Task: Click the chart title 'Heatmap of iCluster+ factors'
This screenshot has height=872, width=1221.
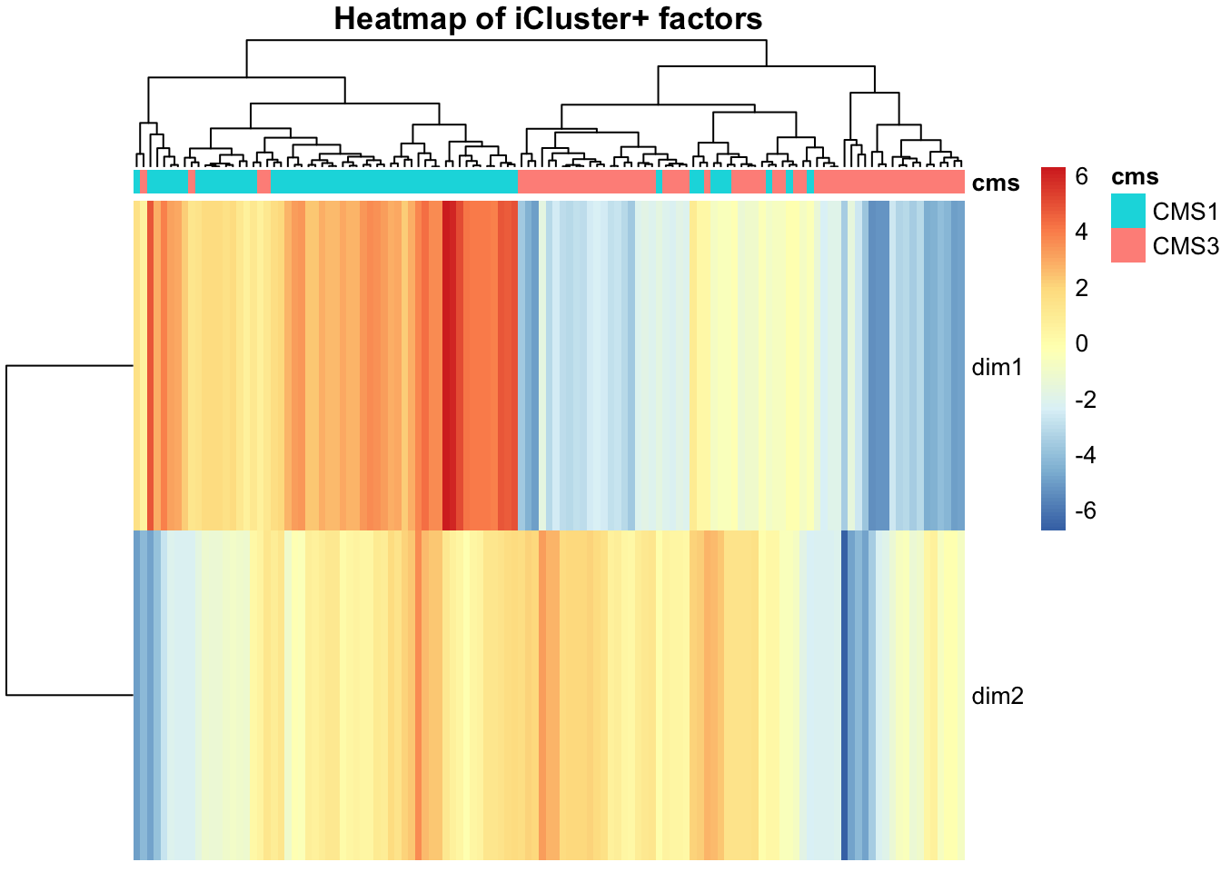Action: click(548, 18)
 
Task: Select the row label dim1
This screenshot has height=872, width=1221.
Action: click(998, 367)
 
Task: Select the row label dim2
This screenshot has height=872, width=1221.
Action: click(998, 697)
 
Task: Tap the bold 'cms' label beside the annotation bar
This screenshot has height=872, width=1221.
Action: click(996, 183)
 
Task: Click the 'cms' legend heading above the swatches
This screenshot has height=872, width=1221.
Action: click(1135, 177)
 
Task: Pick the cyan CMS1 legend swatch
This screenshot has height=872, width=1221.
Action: click(1128, 212)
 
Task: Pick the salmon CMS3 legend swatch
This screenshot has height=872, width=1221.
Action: click(1128, 246)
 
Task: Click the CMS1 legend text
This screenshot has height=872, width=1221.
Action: click(1185, 212)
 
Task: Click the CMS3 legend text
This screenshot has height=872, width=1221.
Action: click(1185, 246)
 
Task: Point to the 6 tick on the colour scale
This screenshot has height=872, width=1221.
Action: click(1081, 177)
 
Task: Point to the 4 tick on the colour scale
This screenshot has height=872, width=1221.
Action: click(1081, 233)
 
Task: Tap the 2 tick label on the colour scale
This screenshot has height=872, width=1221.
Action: click(1081, 288)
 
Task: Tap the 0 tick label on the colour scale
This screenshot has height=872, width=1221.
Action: click(1081, 343)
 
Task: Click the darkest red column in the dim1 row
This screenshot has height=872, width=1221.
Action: click(449, 363)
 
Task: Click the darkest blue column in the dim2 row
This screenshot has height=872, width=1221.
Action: click(844, 695)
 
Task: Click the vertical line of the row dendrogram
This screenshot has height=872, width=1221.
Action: click(7, 530)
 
